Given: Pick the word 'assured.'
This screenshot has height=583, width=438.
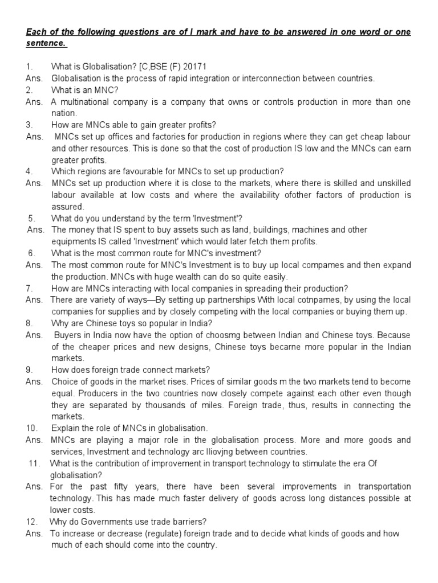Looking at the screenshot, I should (67, 206).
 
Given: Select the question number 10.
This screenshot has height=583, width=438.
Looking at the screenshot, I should (31, 428).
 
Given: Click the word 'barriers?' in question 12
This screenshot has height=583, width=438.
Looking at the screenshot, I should (173, 522).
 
